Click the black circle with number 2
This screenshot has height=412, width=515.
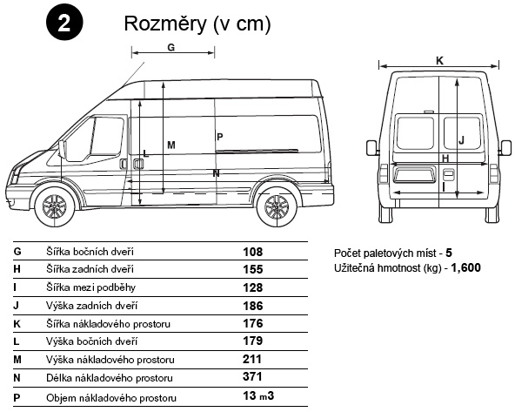[x=64, y=23]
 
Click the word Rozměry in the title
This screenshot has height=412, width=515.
[x=166, y=24]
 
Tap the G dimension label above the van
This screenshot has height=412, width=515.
[x=171, y=48]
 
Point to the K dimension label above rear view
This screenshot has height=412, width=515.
[x=439, y=61]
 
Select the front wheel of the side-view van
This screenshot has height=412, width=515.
[x=55, y=207]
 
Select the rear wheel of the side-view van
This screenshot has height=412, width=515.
[x=277, y=207]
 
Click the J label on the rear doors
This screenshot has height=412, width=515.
[x=461, y=140]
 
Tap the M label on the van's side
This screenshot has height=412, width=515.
[x=171, y=145]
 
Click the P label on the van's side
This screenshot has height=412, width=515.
[x=220, y=137]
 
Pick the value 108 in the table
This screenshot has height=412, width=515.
[x=253, y=252]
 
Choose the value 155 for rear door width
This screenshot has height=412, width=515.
[x=253, y=270]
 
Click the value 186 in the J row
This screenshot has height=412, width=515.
[x=253, y=306]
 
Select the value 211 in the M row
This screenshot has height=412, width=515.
[x=252, y=359]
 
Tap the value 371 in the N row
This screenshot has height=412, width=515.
[x=252, y=376]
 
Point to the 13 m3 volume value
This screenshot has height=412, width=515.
[x=258, y=395]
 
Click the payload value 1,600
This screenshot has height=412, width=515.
[x=465, y=268]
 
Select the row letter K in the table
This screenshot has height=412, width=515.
[x=17, y=324]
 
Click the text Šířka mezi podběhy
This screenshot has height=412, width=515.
[x=90, y=287]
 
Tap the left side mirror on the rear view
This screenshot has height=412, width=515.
[x=371, y=147]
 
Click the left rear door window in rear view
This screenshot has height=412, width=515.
[x=415, y=133]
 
